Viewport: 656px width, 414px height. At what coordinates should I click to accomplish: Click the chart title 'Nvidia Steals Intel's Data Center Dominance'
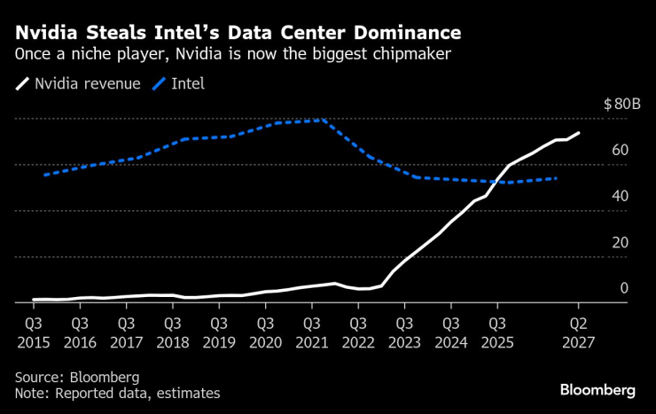[238, 34]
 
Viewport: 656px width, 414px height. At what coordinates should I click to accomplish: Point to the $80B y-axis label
[621, 104]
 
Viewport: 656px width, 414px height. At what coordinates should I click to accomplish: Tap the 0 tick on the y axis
[623, 288]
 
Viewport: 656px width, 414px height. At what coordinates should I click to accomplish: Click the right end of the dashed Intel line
[557, 178]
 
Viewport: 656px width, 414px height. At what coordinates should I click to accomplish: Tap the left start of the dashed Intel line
[44, 175]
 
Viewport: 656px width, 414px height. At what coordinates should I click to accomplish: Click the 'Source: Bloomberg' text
[77, 377]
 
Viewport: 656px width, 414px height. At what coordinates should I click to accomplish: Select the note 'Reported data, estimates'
[117, 393]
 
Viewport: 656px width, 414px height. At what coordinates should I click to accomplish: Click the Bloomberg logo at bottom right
[597, 390]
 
